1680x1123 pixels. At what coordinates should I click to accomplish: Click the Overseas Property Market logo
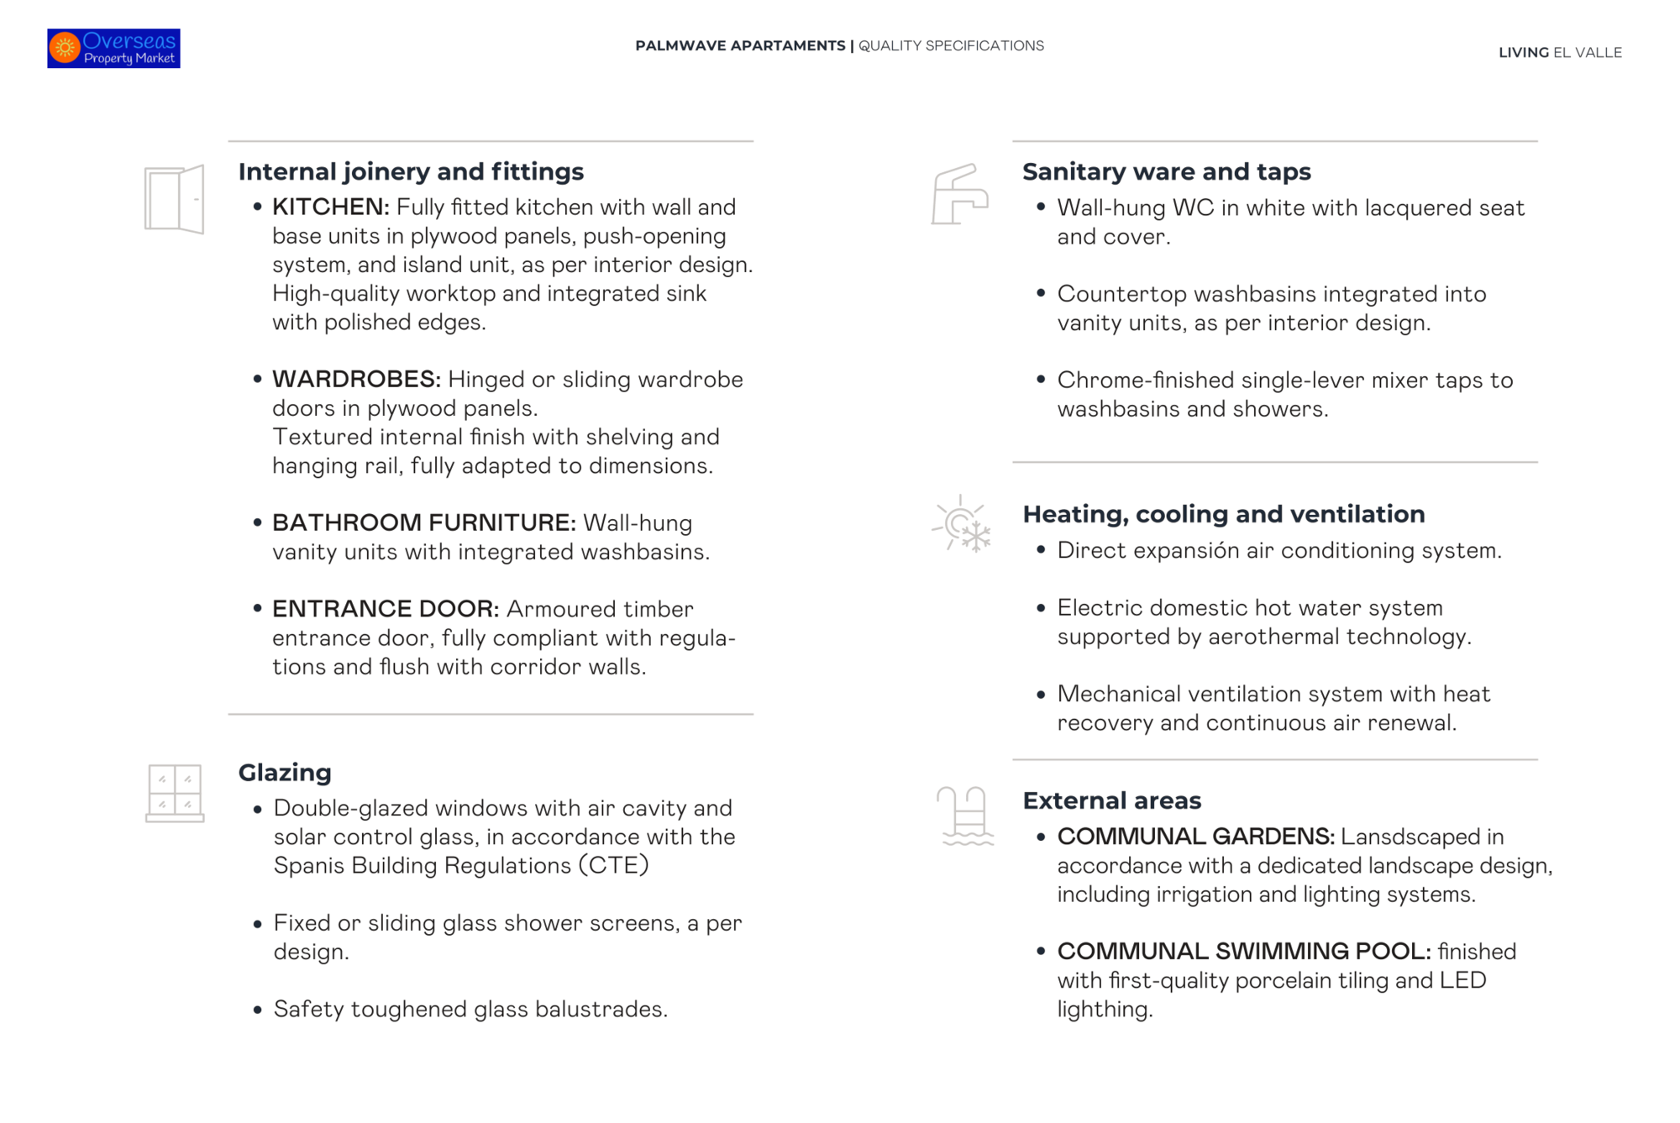tap(113, 48)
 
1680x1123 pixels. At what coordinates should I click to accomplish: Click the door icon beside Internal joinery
tap(175, 199)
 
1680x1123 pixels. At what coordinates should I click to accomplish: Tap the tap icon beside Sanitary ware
tap(959, 195)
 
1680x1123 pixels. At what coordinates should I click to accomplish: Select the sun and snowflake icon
tap(962, 524)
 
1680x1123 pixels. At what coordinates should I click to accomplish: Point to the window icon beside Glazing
tap(175, 793)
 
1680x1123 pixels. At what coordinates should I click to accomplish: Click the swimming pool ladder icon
tap(966, 815)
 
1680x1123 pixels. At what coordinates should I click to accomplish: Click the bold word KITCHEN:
tap(330, 207)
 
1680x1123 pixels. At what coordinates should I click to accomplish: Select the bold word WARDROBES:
tap(356, 379)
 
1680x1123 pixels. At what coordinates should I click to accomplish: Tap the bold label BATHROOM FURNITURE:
tap(423, 522)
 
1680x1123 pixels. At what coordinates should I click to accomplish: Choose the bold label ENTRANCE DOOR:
tap(386, 608)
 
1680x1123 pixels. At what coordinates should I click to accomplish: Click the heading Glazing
tap(285, 772)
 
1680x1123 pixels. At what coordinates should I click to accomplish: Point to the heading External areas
tap(1111, 800)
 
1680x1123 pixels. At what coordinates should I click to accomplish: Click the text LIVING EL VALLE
tap(1560, 52)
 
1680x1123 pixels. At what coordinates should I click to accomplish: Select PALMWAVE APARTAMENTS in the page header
tap(740, 45)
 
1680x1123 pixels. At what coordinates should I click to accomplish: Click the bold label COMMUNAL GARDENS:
tap(1195, 837)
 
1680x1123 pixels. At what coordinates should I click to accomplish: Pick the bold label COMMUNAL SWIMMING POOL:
tap(1243, 951)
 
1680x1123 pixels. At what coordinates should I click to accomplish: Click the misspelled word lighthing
tap(1104, 1009)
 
